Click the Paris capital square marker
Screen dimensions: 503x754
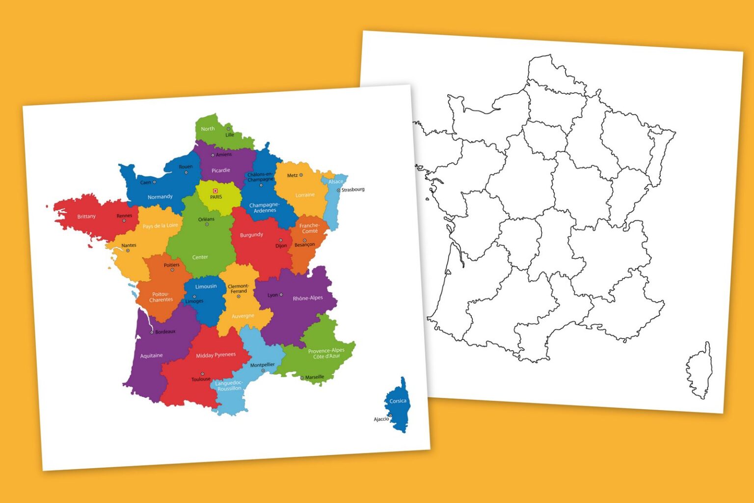[x=215, y=191]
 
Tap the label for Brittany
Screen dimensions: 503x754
[x=86, y=217]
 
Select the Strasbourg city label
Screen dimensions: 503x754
[x=353, y=190]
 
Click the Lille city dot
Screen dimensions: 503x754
[x=228, y=129]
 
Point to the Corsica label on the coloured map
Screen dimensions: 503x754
[x=398, y=401]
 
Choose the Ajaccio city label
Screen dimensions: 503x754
[x=381, y=419]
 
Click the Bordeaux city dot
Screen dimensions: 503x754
[x=152, y=333]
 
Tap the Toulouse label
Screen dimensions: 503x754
[x=201, y=379]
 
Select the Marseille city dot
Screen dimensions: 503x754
[x=302, y=378]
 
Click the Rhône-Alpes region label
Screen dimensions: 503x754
[x=308, y=298]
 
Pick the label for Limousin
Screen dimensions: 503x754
[x=206, y=286]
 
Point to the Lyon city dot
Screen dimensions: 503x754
[x=281, y=295]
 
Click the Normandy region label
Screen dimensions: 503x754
[x=160, y=197]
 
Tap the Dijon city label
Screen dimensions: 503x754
[x=281, y=246]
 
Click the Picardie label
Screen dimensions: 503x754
[x=221, y=170]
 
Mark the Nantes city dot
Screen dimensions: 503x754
[x=128, y=251]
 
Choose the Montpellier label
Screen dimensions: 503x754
[x=263, y=365]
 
